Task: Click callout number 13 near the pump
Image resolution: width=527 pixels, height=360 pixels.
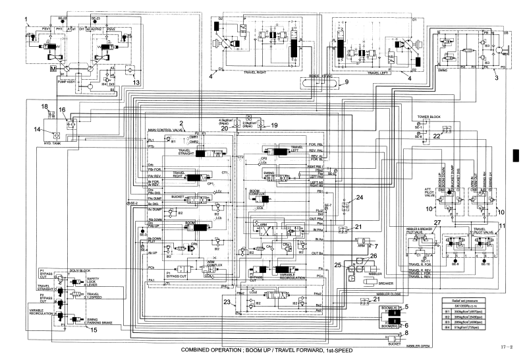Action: [x=136, y=82]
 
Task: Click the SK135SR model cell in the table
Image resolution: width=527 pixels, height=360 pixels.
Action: [x=455, y=305]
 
